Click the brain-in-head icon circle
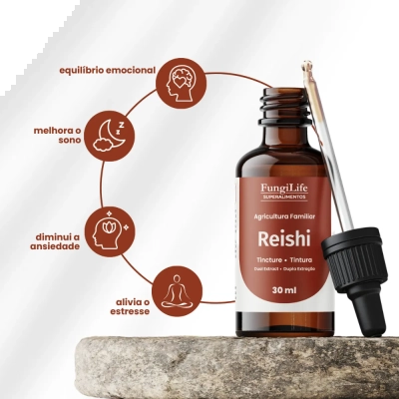point(182,84)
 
